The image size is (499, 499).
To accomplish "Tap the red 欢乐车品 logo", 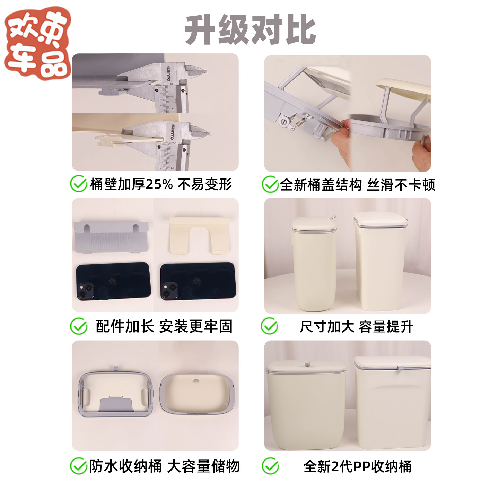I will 37,43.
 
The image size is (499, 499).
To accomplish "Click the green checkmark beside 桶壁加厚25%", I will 79,184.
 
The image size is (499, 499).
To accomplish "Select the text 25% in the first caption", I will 159,184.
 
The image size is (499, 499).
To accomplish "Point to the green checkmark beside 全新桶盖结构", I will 270,184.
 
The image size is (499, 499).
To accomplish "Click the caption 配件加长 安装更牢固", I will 164,326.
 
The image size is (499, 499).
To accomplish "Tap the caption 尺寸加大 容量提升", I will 356,327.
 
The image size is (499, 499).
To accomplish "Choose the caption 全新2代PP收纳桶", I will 357,466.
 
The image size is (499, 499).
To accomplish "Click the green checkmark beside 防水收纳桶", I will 79,466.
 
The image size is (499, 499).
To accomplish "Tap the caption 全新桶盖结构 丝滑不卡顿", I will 357,185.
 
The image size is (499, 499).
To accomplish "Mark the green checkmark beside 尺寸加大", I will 269,326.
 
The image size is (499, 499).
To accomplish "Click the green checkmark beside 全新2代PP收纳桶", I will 270,466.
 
